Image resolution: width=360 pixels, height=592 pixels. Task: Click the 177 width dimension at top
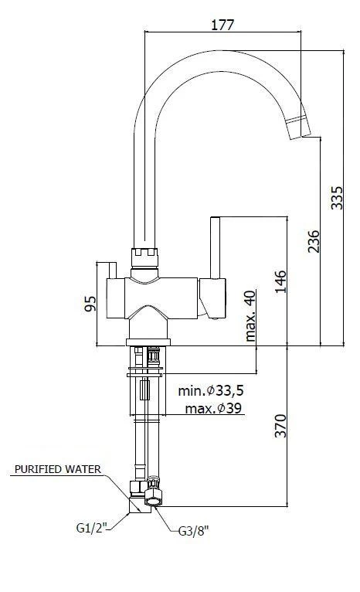pyautogui.click(x=222, y=24)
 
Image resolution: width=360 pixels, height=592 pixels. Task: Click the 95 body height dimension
pyautogui.click(x=90, y=302)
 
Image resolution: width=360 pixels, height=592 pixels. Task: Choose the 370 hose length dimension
pyautogui.click(x=280, y=427)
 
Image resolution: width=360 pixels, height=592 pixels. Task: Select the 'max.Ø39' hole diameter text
pyautogui.click(x=211, y=408)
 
